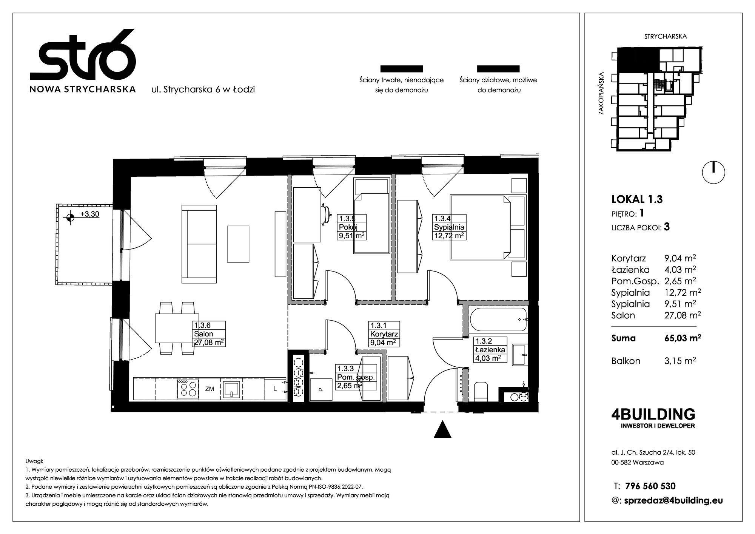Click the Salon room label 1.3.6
click(209, 334)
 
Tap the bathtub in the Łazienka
click(498, 319)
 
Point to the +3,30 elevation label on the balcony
click(90, 214)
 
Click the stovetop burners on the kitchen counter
click(188, 388)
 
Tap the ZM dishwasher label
click(210, 389)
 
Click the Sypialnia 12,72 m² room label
click(449, 227)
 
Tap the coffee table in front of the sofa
click(238, 244)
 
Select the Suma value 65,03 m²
click(683, 338)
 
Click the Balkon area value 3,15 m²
click(680, 361)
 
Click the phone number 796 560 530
click(650, 486)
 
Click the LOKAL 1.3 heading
click(637, 199)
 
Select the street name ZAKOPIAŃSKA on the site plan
click(601, 93)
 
